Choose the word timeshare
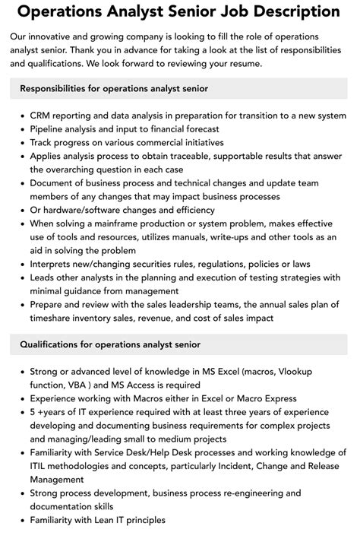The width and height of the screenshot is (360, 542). point(55,318)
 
